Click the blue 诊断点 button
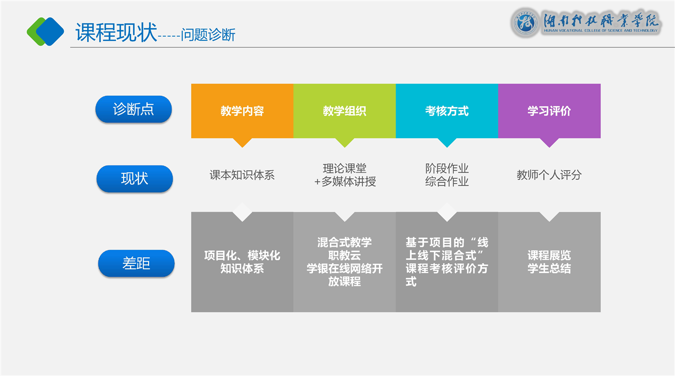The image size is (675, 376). tap(133, 109)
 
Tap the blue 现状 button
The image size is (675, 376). tap(134, 179)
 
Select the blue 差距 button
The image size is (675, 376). tap(136, 263)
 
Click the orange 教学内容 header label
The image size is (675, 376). tap(242, 111)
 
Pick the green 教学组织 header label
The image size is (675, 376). tap(345, 111)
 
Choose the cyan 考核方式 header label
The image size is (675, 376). tap(447, 111)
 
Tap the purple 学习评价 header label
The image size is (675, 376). tap(549, 111)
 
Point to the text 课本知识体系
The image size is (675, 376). tap(242, 175)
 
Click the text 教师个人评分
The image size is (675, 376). tap(549, 175)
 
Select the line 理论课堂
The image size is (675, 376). tap(345, 168)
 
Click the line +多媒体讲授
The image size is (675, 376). tap(345, 182)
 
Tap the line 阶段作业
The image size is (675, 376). tap(447, 168)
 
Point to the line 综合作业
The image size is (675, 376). tap(447, 182)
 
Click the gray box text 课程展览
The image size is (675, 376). tap(549, 255)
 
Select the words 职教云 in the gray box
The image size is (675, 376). tap(345, 255)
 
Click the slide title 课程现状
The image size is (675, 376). tap(116, 32)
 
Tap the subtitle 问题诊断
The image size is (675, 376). tap(208, 35)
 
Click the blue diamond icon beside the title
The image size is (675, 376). tap(50, 32)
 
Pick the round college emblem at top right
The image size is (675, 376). tap(525, 22)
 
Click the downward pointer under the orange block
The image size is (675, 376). tap(243, 142)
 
